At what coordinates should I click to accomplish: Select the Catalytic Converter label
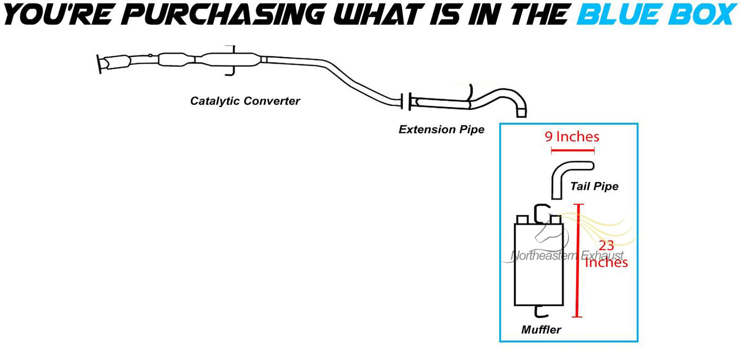245,101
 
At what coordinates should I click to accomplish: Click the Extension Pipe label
442,130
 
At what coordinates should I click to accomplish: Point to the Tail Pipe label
594,186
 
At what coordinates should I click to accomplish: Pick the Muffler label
541,330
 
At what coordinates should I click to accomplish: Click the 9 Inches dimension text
572,137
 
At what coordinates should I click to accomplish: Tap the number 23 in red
606,246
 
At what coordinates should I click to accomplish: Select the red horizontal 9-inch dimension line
572,151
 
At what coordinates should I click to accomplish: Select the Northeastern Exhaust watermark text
567,255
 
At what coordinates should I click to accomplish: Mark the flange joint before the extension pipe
405,101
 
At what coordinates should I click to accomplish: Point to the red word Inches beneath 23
606,263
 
